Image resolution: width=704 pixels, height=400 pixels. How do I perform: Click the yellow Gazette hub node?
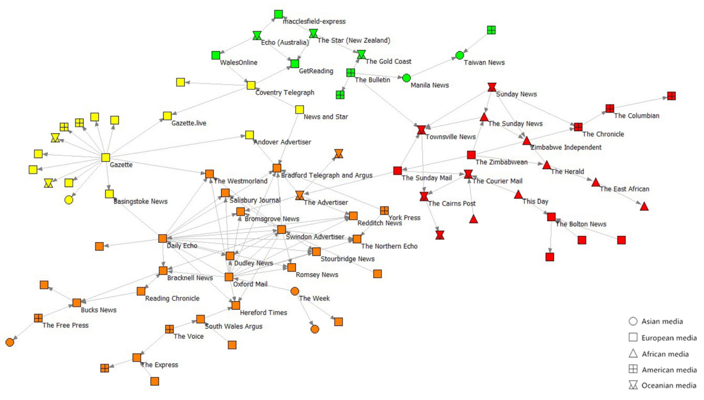coord(106,157)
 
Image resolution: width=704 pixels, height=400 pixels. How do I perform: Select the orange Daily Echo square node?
coord(163,238)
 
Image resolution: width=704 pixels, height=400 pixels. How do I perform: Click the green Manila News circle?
coord(406,78)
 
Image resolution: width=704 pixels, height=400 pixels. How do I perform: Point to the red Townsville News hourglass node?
coord(421,130)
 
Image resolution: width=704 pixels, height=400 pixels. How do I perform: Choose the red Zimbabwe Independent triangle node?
coord(526,141)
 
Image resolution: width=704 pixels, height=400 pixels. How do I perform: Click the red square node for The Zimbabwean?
coord(471,155)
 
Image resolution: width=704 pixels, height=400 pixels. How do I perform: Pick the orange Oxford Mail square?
coord(229,277)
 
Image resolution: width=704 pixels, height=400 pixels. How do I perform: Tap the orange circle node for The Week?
coord(294,291)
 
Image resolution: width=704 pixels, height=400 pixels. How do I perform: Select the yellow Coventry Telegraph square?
coord(251,85)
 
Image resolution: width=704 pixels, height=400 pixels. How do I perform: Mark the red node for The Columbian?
coord(610,108)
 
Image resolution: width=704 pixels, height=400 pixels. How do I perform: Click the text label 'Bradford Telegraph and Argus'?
coord(326,175)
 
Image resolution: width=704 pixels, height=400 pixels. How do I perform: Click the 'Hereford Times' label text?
coord(263,313)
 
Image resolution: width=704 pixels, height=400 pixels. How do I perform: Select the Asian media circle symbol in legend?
coord(633,321)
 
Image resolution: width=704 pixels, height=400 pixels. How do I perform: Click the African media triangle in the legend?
coord(633,354)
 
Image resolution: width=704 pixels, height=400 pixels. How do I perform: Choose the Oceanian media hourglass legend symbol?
coord(633,385)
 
